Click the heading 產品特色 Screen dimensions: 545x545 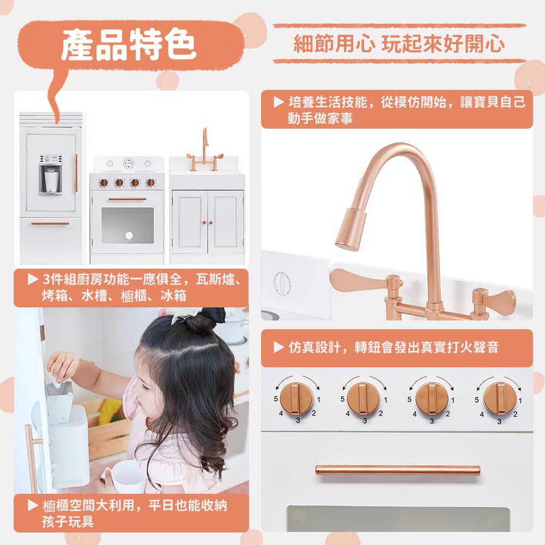point(129,44)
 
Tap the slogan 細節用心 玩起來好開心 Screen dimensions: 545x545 point(399,44)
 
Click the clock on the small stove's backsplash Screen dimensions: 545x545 point(129,163)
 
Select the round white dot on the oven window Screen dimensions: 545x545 point(129,235)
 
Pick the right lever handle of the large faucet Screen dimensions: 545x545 point(494,298)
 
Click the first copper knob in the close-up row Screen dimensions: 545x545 point(296,398)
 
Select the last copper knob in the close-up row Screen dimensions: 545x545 point(500,398)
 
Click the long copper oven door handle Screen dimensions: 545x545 point(398,470)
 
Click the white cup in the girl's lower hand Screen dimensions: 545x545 point(127,476)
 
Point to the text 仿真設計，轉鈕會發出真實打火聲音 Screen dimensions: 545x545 point(393,347)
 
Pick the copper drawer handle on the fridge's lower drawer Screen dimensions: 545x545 point(50,223)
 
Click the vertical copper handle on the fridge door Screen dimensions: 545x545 point(76,173)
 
